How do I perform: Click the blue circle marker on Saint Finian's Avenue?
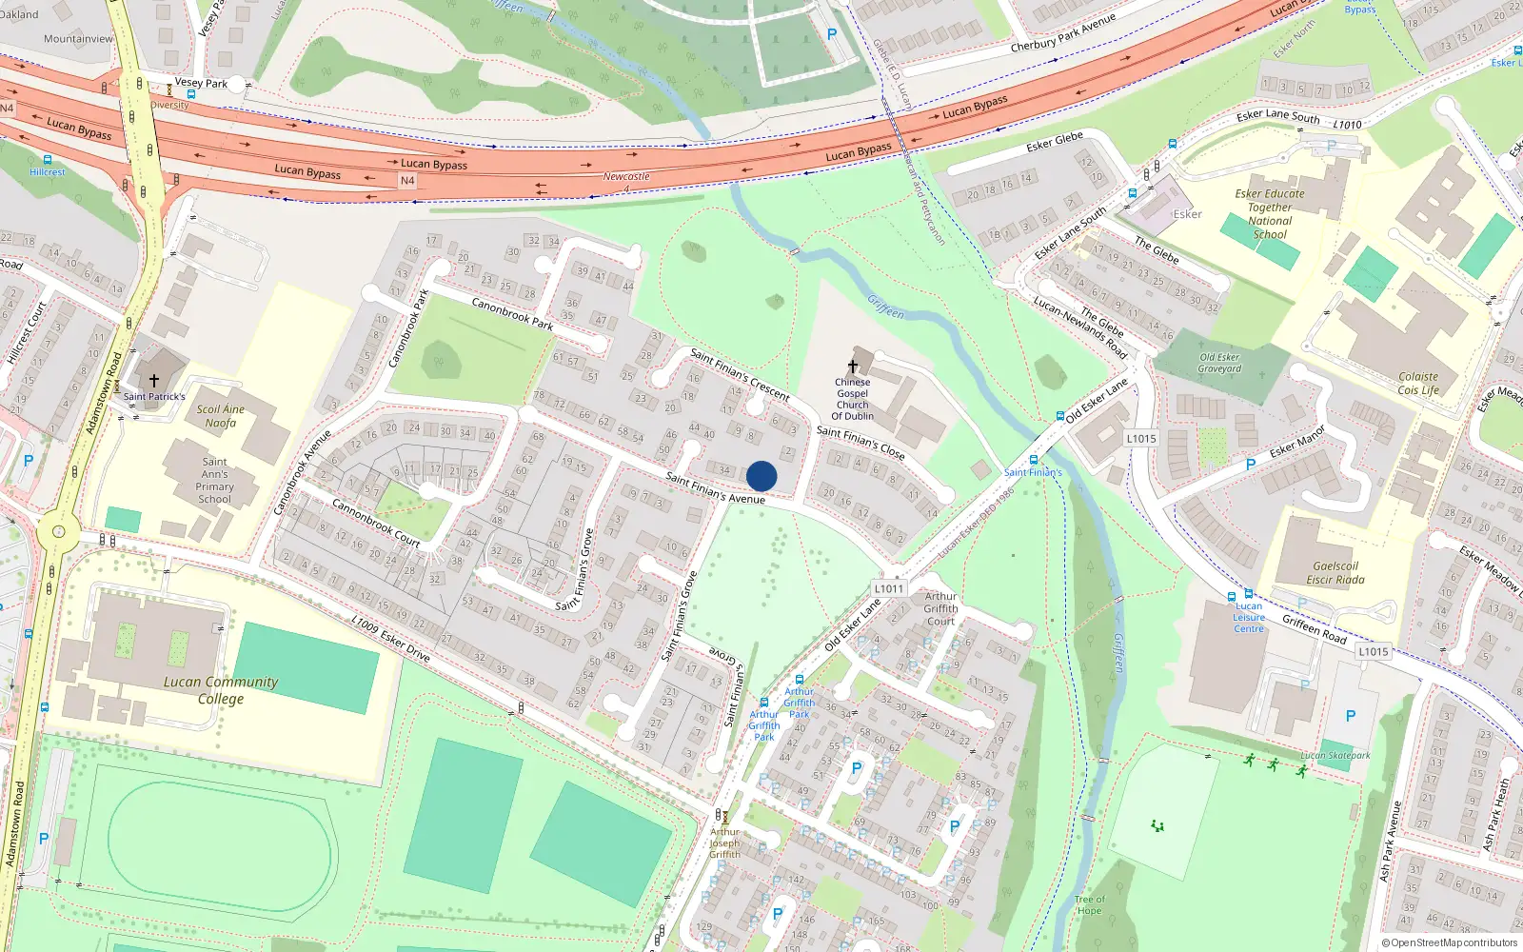(x=761, y=476)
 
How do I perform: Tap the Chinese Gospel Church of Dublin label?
(x=852, y=399)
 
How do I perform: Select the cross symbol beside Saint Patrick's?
(x=153, y=381)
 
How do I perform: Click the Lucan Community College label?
(x=221, y=690)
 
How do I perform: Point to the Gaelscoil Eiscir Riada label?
(x=1335, y=572)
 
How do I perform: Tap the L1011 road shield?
(x=888, y=588)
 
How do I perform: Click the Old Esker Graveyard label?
(x=1219, y=363)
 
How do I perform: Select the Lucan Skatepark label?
(x=1335, y=756)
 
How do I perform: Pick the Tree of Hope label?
(x=1090, y=904)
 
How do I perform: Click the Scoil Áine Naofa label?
(x=220, y=416)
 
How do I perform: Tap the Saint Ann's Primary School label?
(x=214, y=480)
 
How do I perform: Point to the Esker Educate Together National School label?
(x=1270, y=213)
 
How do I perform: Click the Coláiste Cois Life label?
(x=1418, y=383)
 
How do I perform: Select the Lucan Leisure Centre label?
(x=1249, y=617)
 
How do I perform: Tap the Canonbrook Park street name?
(x=512, y=313)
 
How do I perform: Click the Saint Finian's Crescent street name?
(x=740, y=374)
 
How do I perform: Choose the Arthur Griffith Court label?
(x=940, y=608)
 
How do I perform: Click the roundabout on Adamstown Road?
(x=59, y=531)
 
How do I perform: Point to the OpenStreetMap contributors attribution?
(x=1449, y=942)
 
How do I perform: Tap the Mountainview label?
(x=78, y=39)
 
